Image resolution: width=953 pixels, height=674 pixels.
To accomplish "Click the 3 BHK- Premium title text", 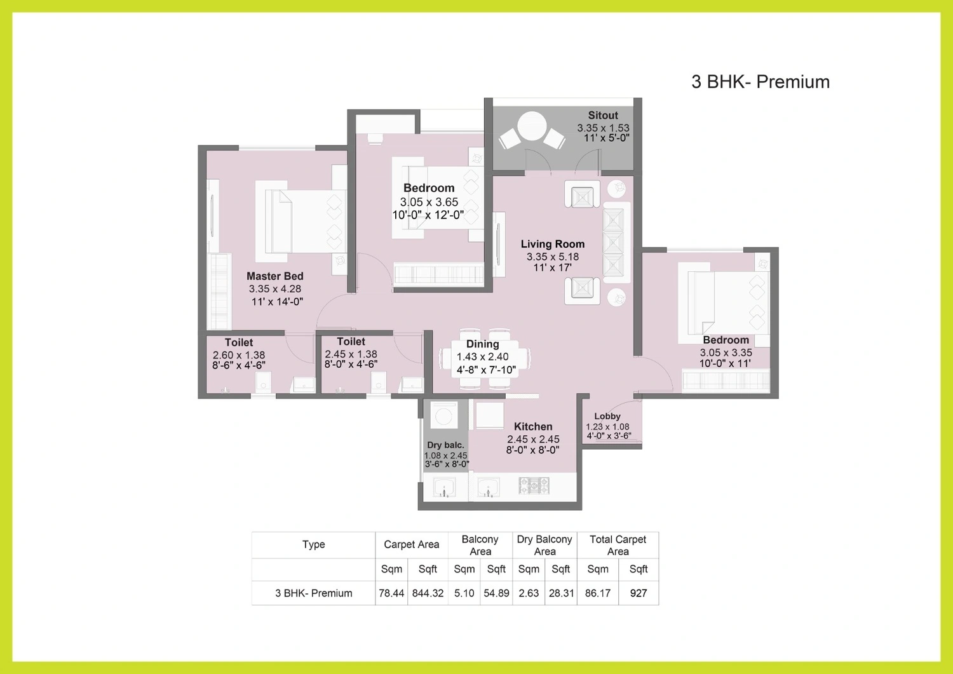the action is click(760, 82).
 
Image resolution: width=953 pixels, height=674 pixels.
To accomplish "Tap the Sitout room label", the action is click(603, 116).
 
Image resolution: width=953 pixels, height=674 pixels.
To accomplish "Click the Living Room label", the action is click(553, 244).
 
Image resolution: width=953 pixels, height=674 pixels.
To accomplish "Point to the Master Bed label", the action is click(275, 276).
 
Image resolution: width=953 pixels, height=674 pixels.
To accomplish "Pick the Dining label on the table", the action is click(482, 344).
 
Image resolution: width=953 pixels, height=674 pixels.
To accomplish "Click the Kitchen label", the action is click(533, 427).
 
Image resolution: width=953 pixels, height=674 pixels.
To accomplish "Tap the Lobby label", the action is click(607, 417).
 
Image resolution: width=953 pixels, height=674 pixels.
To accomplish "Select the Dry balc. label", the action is click(445, 445).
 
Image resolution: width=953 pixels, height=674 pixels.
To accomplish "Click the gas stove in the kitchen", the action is click(534, 486).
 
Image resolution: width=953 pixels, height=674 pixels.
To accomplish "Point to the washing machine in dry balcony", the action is click(443, 414).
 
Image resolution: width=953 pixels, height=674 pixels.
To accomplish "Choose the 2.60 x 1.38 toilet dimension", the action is click(239, 355).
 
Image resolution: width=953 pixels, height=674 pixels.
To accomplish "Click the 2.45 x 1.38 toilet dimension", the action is click(351, 354).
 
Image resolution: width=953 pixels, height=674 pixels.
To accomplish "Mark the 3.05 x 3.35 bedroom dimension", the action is click(726, 353).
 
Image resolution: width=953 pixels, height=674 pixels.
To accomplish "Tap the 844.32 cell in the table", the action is click(428, 593).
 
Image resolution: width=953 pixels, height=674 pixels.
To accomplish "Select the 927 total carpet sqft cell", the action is click(638, 593).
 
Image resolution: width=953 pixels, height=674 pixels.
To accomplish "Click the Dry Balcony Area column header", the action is click(544, 546).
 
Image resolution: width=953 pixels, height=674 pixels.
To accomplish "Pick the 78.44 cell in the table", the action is click(391, 593).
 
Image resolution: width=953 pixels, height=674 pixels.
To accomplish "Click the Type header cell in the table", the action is click(314, 544).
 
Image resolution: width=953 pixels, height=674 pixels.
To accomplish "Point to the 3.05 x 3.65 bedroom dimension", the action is click(429, 202).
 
